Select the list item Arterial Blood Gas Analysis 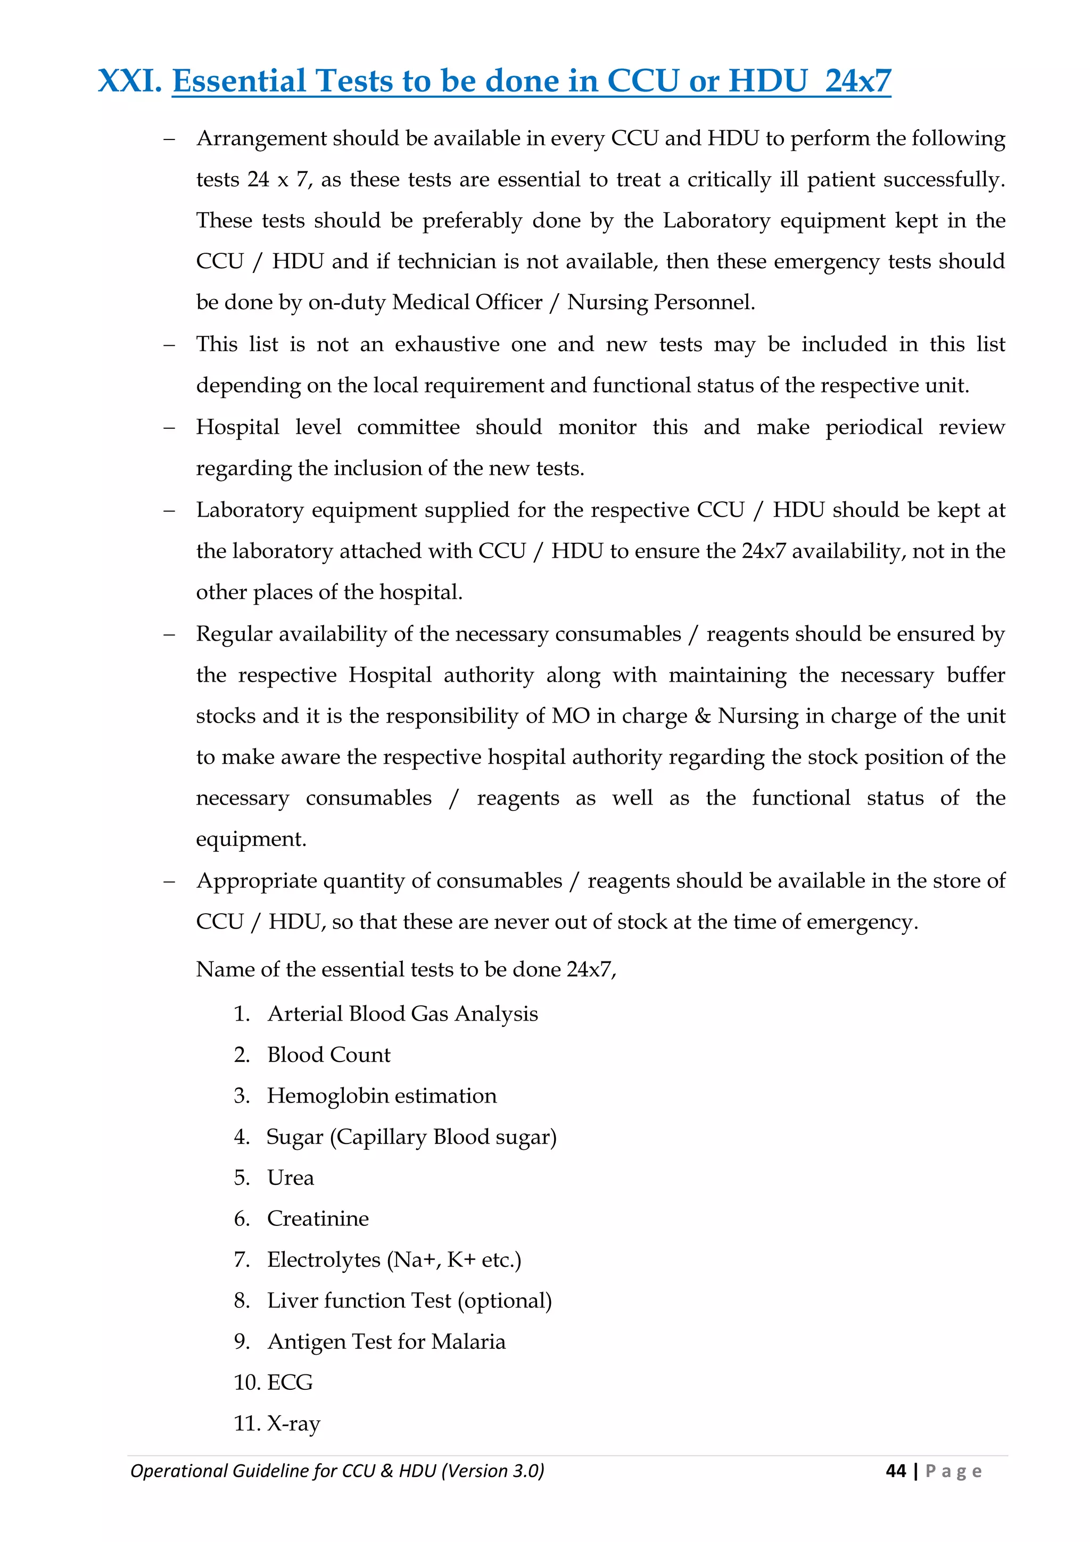402,1014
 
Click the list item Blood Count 328,1055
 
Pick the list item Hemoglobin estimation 382,1096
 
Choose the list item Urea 290,1178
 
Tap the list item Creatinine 318,1218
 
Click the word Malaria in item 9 468,1341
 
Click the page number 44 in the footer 896,1471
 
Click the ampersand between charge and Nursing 703,716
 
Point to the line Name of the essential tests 406,969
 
